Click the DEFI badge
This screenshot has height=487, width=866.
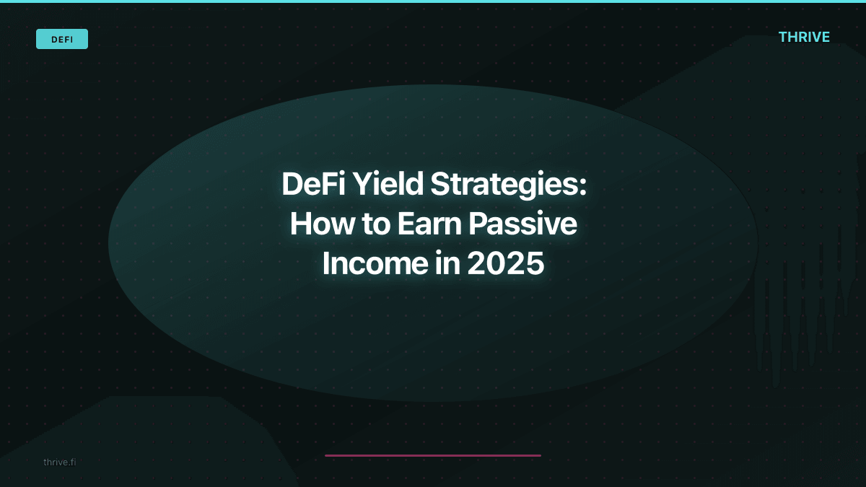click(62, 39)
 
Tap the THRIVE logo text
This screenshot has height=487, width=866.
click(804, 37)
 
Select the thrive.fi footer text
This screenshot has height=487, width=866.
click(59, 462)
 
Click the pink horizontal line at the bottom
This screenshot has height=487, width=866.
click(433, 455)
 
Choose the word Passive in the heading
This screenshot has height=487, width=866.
click(522, 224)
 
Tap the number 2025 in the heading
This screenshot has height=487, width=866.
click(505, 264)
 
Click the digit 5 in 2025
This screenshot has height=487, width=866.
click(534, 264)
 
